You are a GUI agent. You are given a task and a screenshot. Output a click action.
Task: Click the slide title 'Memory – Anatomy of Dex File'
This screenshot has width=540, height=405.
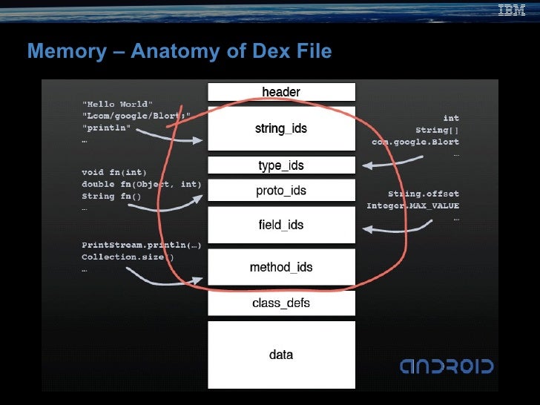pos(179,51)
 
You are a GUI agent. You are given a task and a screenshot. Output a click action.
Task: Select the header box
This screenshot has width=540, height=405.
pos(281,92)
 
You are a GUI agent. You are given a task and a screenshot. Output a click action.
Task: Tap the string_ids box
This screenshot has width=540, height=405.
pos(281,128)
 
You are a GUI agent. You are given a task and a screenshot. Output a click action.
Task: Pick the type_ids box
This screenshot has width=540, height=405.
pos(281,165)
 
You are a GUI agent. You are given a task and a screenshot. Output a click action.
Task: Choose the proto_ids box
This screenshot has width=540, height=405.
pos(281,191)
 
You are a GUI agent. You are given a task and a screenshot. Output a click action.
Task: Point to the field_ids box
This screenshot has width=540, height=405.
pos(281,225)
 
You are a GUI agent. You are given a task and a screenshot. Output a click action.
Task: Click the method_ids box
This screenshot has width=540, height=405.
pos(281,267)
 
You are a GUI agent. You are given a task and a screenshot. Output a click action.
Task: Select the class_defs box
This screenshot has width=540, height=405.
pos(281,303)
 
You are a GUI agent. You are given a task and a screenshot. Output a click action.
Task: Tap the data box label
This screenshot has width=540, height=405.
pos(281,355)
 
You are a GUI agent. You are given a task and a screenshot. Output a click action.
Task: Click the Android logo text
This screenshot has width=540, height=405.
pos(447,366)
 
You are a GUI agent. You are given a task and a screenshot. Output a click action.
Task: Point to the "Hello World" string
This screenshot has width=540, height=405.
pos(117,103)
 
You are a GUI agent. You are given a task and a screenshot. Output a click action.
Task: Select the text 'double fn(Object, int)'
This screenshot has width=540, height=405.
pos(142,184)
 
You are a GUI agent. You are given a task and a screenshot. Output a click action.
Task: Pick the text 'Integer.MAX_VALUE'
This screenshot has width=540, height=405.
pos(413,205)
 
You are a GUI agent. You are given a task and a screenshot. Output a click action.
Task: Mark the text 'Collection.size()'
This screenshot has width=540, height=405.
pos(128,257)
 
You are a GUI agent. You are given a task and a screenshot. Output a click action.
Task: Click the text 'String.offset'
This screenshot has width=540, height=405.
pos(424,194)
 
